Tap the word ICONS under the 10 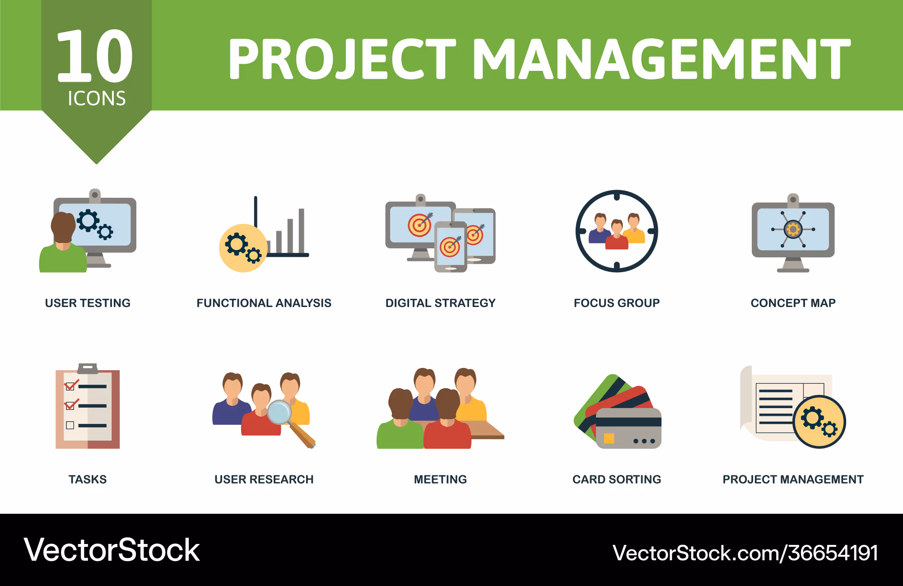click(97, 98)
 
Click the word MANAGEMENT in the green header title click(661, 59)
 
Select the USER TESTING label click(88, 303)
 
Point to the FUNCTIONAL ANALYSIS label click(264, 303)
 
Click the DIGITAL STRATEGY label click(441, 303)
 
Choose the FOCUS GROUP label click(617, 303)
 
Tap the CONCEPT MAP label click(793, 303)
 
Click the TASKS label click(88, 479)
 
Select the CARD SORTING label click(617, 479)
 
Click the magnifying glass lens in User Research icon click(279, 412)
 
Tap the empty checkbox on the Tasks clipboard click(70, 425)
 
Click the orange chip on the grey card click(609, 438)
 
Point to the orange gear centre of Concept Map click(793, 229)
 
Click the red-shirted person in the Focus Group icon click(617, 234)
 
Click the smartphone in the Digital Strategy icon click(451, 247)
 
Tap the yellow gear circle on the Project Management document click(819, 422)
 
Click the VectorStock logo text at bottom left click(112, 550)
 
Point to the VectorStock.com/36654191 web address click(745, 553)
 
